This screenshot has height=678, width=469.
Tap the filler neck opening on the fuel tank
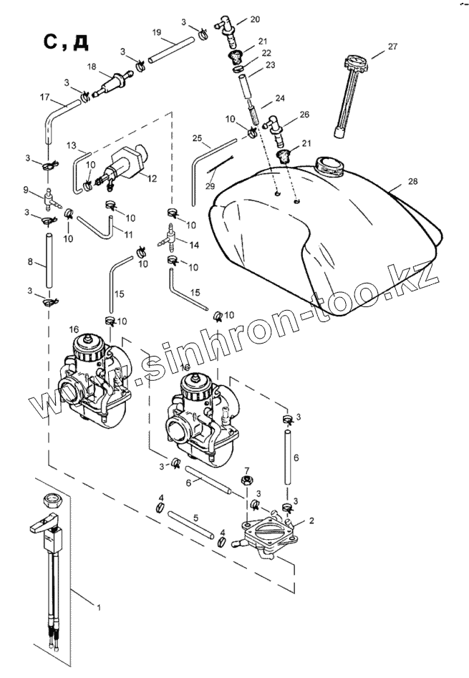[x=331, y=167]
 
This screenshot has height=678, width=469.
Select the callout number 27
[x=392, y=47]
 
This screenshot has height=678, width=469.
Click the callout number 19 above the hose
[x=157, y=32]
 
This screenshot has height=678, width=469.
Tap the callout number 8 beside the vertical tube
[x=29, y=262]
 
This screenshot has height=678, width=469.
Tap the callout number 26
[x=304, y=114]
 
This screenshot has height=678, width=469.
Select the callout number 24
[x=280, y=98]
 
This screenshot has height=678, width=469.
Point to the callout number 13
[x=71, y=145]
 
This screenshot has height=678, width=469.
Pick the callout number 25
[x=198, y=137]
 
